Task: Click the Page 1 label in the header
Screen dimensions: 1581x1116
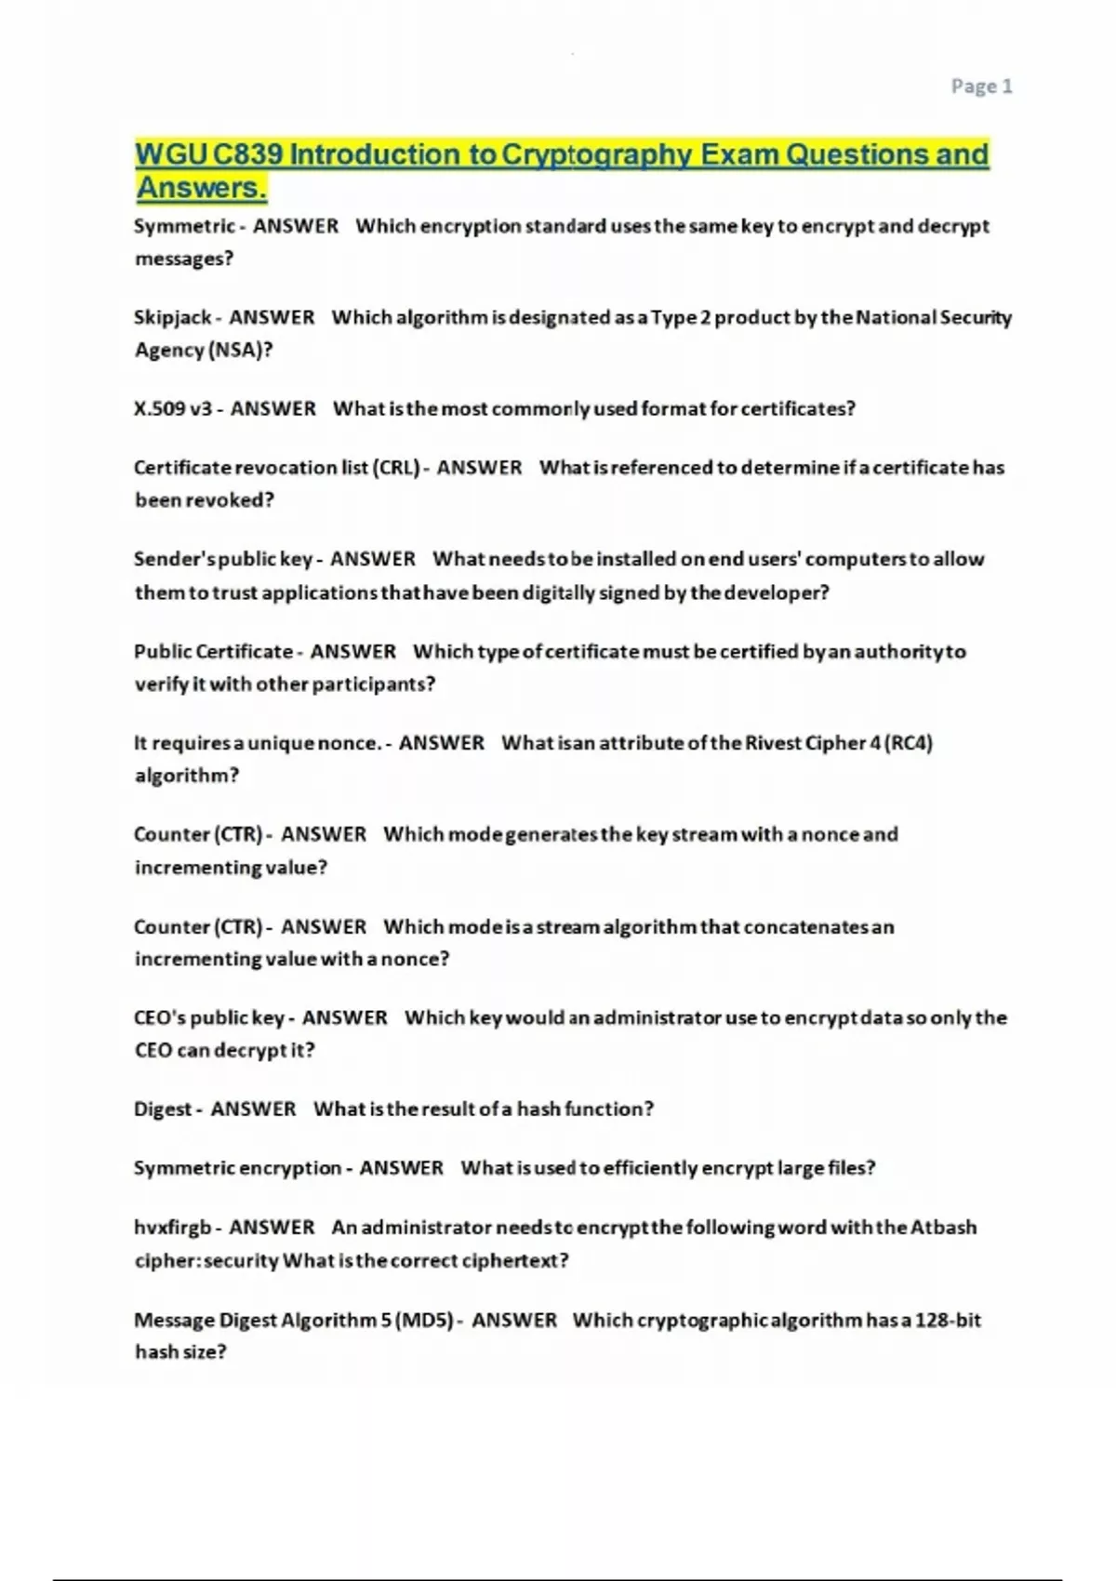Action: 981,86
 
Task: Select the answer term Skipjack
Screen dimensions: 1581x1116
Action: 172,318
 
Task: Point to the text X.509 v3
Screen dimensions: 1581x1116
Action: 173,409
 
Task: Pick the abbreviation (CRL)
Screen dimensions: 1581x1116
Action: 396,468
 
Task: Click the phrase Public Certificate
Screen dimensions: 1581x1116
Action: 213,652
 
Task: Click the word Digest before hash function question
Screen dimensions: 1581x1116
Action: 163,1109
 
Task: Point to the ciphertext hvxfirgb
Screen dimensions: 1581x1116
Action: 172,1228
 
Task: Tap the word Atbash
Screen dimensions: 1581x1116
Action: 943,1228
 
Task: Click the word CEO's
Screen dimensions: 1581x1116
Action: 159,1018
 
